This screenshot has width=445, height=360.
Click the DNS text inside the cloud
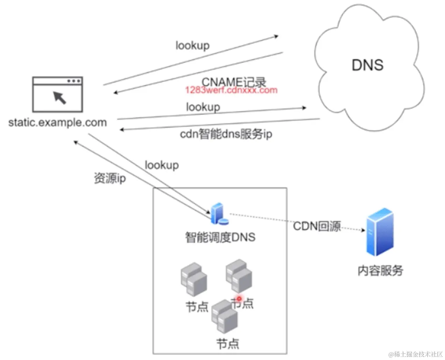pos(367,65)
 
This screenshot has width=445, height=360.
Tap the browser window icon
pos(58,95)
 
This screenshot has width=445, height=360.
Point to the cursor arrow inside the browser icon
pos(60,97)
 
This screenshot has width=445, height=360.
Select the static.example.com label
pos(58,122)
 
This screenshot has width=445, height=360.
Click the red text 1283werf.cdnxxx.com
pos(231,90)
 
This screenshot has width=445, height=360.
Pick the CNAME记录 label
pos(234,82)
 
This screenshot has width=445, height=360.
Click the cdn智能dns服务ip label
pos(226,134)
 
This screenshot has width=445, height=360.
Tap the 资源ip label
pos(110,178)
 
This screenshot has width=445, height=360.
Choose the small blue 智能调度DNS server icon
pos(218,214)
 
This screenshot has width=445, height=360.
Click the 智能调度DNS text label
pos(220,237)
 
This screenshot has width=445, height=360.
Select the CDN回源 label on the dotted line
pos(317,226)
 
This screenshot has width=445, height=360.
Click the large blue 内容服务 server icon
pos(380,232)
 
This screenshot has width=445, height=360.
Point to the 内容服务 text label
pos(380,270)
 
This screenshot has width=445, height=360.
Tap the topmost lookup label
pos(193,45)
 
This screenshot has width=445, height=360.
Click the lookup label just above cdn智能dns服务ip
pos(203,107)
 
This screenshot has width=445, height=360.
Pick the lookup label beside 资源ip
pos(162,165)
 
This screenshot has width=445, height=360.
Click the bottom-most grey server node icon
pos(224,316)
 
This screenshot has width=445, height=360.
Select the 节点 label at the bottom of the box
pos(228,343)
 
